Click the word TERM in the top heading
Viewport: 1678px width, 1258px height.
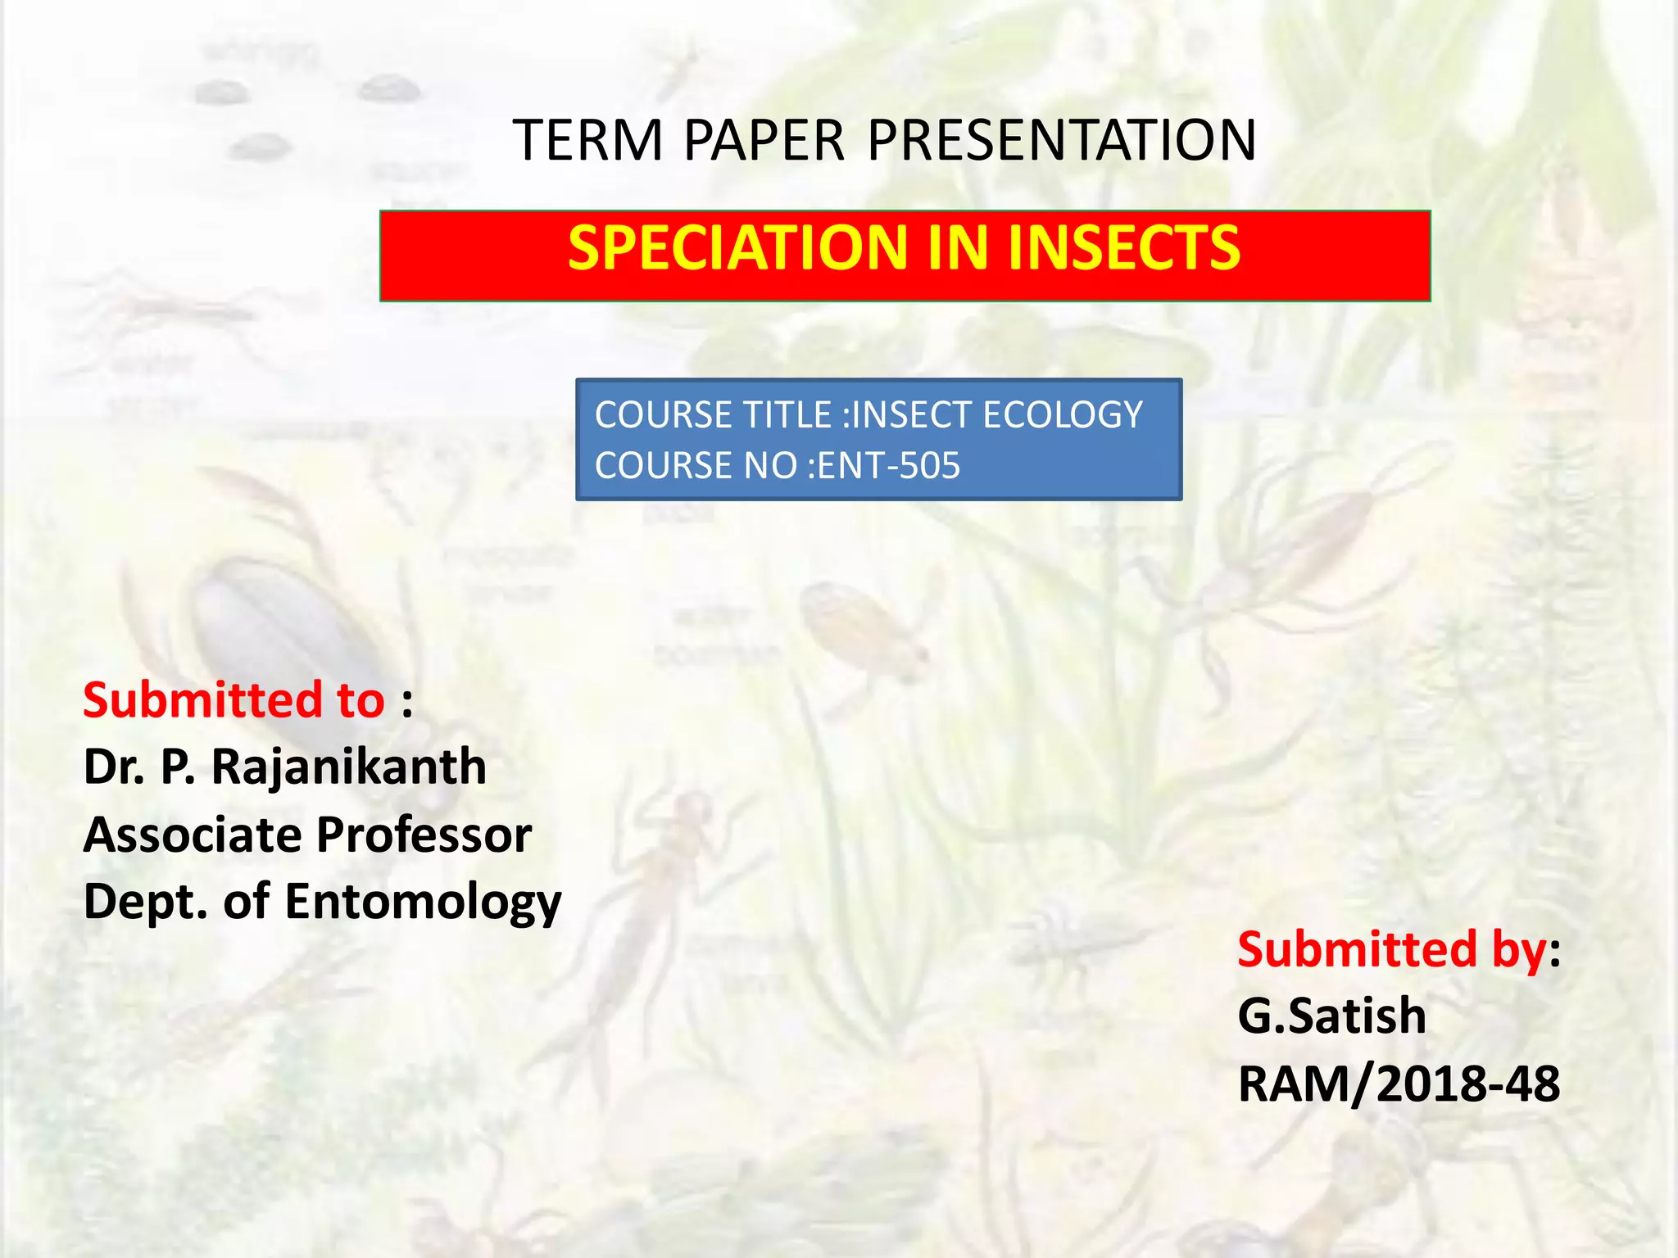(587, 140)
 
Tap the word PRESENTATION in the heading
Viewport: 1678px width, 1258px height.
(1061, 140)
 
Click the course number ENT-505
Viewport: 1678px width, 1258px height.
(888, 466)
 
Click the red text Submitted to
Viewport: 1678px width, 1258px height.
(234, 700)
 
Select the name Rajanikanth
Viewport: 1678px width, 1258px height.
(349, 767)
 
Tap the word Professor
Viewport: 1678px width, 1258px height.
(424, 835)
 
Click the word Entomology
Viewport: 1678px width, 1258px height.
(423, 903)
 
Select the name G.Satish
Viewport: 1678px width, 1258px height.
(1331, 1016)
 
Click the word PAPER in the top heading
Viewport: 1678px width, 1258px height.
(764, 140)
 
